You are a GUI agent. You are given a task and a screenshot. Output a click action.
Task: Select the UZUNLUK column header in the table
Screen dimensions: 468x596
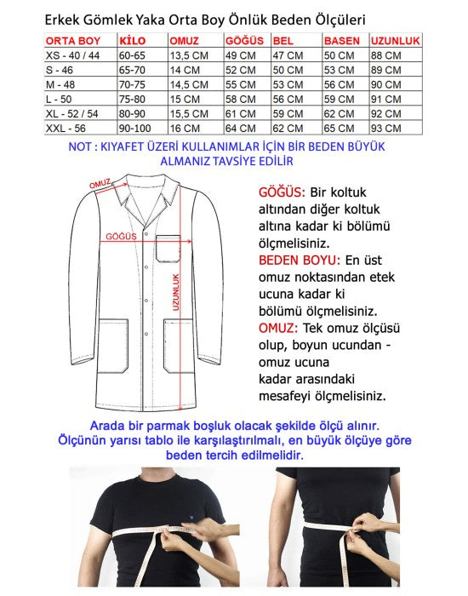(396, 40)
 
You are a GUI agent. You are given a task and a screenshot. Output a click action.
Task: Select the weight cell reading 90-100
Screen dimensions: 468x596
(137, 128)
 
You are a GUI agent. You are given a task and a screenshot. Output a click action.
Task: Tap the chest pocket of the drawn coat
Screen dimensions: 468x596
(168, 248)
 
